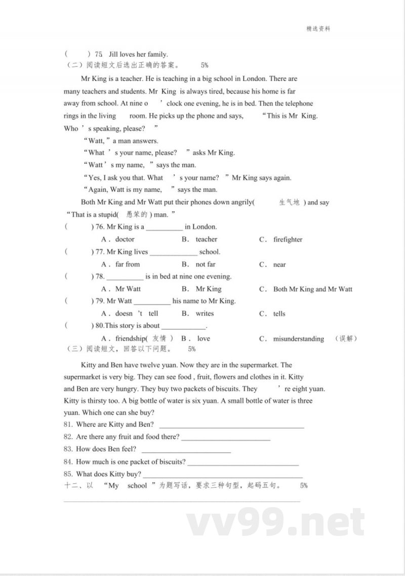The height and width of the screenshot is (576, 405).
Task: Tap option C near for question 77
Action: point(279,264)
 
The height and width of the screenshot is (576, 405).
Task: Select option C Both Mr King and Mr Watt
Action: point(312,289)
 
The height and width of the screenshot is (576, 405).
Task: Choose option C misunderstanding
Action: point(298,339)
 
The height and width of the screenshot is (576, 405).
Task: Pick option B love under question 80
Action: point(203,339)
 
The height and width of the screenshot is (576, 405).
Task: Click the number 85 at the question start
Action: point(68,474)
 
